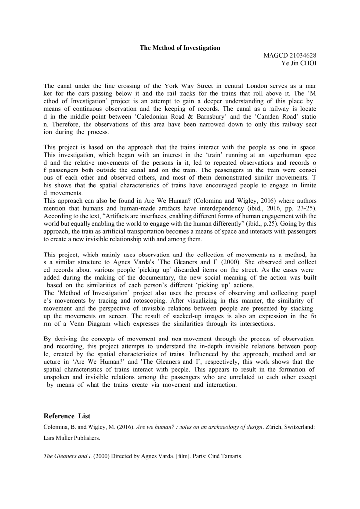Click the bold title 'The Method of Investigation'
[180, 48]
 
